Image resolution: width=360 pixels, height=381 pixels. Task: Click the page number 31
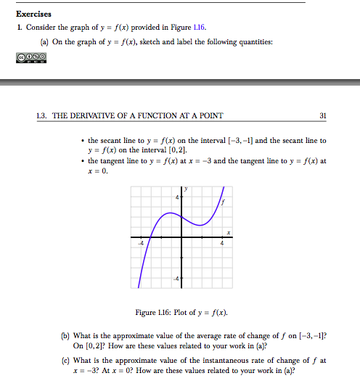(323, 115)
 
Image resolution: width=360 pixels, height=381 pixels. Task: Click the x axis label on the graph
(228, 232)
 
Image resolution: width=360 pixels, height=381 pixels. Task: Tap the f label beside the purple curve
(224, 202)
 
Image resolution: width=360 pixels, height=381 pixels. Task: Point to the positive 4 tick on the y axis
(176, 197)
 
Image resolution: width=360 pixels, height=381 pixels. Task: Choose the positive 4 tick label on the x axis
(222, 244)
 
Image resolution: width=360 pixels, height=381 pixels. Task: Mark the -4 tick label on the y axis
(175, 279)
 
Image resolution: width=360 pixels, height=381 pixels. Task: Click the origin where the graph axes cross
(181, 237)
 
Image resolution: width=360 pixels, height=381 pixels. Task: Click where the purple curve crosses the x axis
(149, 237)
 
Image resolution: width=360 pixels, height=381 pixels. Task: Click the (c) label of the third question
(65, 360)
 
